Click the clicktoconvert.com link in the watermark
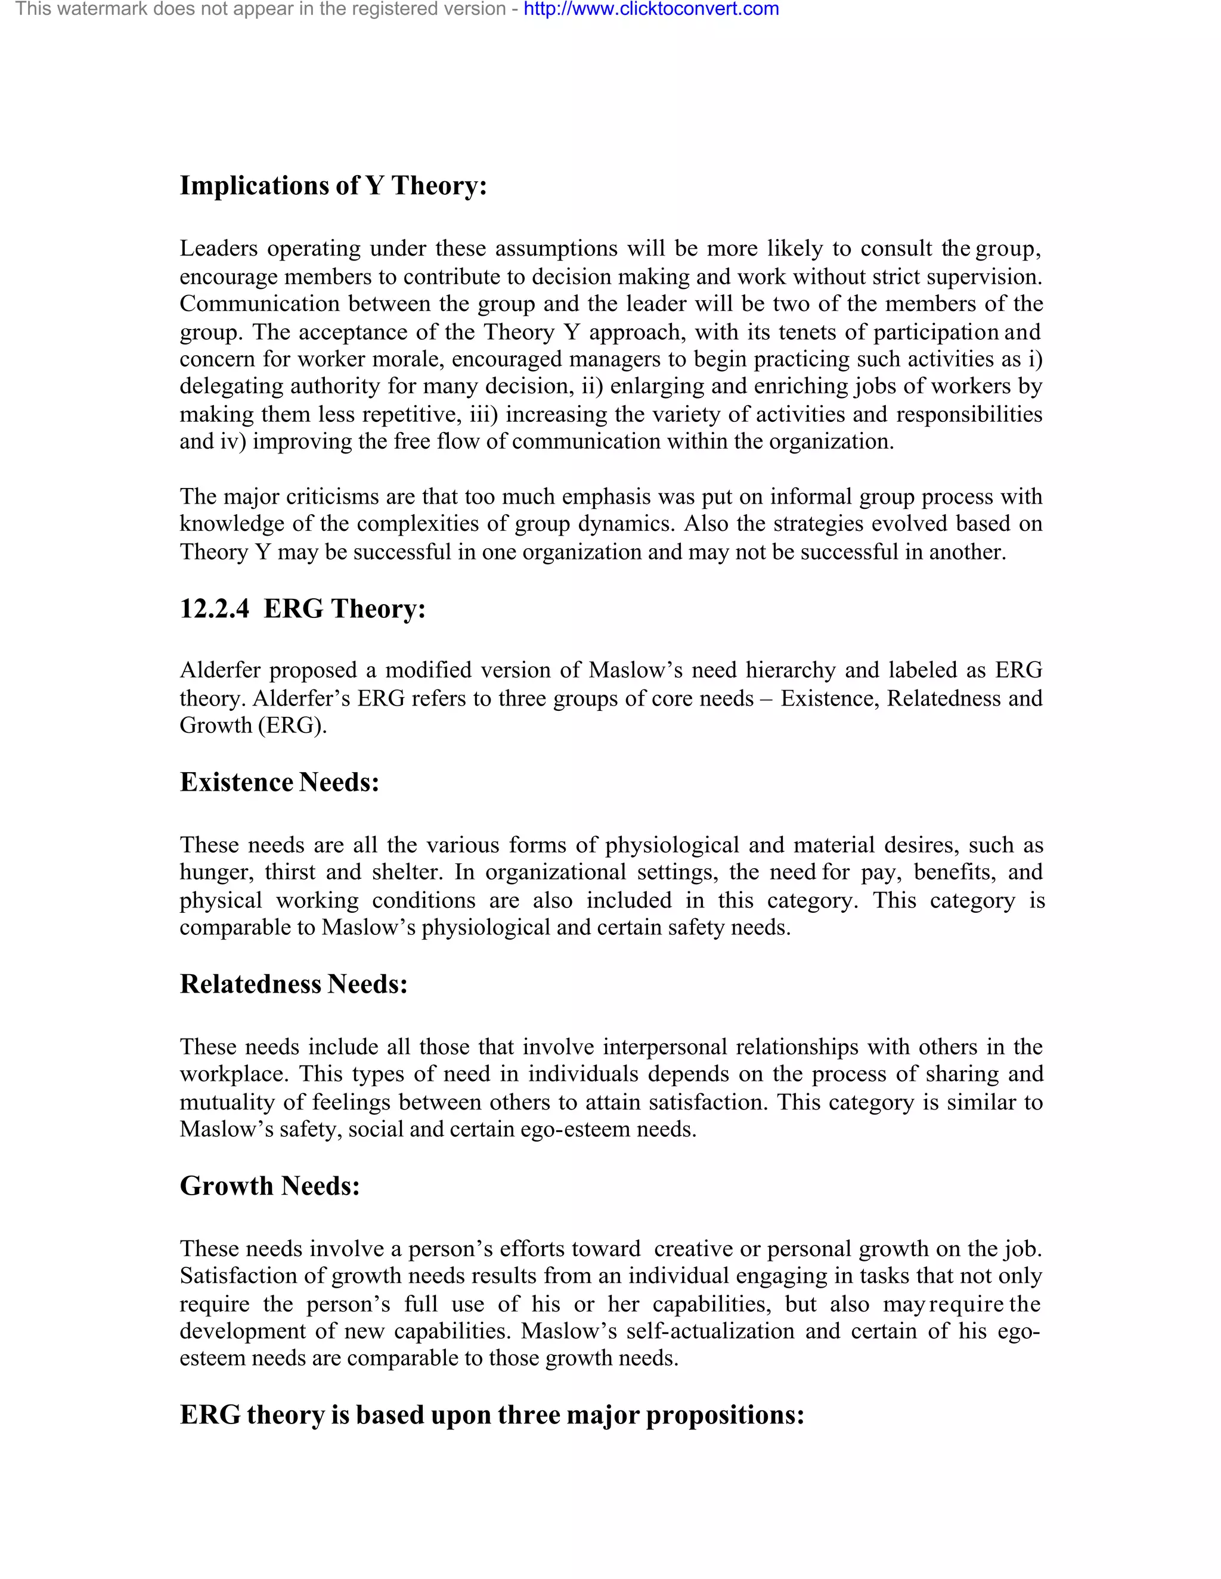(650, 10)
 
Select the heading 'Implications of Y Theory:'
(333, 186)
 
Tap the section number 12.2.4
(214, 609)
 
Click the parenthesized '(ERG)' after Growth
(293, 725)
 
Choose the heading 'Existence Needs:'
(279, 782)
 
